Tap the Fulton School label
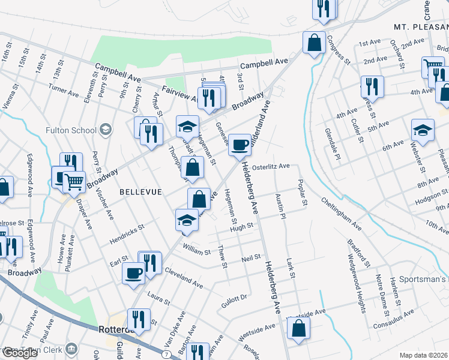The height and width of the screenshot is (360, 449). click(x=71, y=130)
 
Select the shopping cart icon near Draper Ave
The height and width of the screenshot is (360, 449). click(x=74, y=181)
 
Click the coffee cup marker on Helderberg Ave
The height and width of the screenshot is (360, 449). click(x=240, y=145)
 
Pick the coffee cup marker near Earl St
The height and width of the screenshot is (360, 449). click(x=133, y=274)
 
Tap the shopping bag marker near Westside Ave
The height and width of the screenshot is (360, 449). click(x=298, y=329)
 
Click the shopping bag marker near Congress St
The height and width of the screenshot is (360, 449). click(x=314, y=43)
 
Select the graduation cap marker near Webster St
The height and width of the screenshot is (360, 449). click(x=423, y=131)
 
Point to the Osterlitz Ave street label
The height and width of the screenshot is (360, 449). click(x=271, y=166)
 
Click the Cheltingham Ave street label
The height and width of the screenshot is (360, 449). click(x=341, y=214)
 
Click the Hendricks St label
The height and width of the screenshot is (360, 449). click(x=127, y=235)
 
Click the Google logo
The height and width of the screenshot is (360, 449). click(x=20, y=353)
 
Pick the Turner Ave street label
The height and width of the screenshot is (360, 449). click(x=64, y=90)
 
